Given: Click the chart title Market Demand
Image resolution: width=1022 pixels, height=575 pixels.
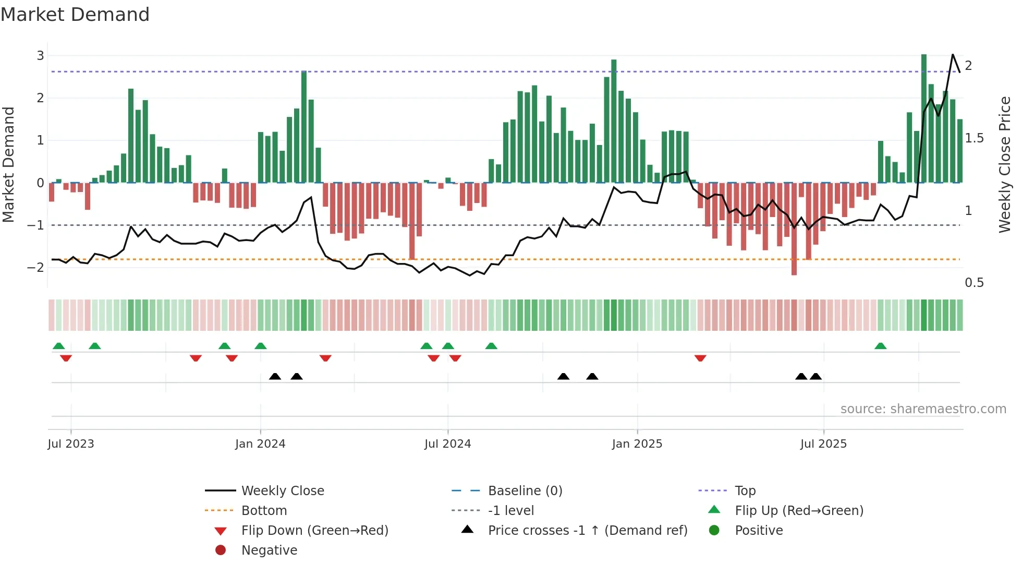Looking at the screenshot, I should click(x=75, y=15).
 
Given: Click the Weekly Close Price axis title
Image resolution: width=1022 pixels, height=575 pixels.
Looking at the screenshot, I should click(x=1004, y=164).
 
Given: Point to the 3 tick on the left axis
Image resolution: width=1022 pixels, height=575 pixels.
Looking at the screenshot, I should click(x=40, y=55).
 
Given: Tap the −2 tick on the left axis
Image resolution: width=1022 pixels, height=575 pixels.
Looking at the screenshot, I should click(x=36, y=267).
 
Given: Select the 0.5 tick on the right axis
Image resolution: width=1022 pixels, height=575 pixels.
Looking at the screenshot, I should click(x=974, y=283).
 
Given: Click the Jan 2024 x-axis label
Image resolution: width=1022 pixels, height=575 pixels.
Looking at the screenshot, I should click(x=260, y=444).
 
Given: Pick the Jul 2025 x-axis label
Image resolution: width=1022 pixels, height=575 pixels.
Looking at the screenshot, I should click(x=823, y=444).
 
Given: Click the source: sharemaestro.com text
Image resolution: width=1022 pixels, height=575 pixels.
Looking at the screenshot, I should click(x=923, y=409).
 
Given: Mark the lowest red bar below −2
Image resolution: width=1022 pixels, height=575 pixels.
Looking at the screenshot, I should click(x=794, y=230).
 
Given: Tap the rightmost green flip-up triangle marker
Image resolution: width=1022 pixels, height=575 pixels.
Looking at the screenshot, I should click(x=881, y=346).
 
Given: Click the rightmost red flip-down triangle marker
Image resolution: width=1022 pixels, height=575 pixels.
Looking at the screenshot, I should click(x=700, y=358).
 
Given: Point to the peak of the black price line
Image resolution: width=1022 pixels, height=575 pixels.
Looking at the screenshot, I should click(x=953, y=54).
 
